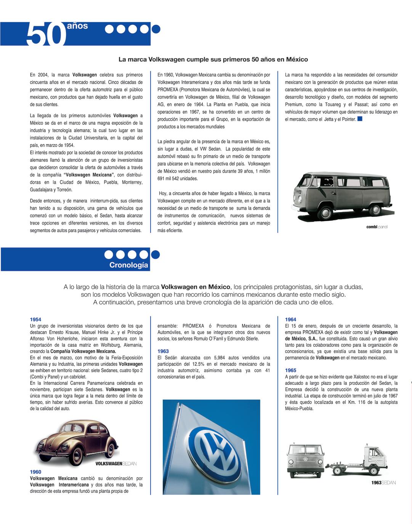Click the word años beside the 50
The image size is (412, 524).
pos(77,26)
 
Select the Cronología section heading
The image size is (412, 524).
pos(128,265)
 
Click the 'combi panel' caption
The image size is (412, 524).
pos(377,227)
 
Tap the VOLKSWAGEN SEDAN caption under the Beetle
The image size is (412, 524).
pos(115,464)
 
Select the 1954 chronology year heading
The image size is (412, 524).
pos(35,319)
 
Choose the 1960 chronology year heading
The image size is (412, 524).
pos(35,472)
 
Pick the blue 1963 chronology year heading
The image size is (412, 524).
pos(163,351)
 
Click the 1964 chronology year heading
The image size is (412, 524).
pos(290,319)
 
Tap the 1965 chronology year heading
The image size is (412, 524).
pos(290,370)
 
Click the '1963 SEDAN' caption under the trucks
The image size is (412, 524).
pos(383,483)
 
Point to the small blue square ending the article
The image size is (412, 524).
pos(360,119)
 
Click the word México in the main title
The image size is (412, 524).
pos(297,60)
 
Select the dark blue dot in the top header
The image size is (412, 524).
pos(156,29)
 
